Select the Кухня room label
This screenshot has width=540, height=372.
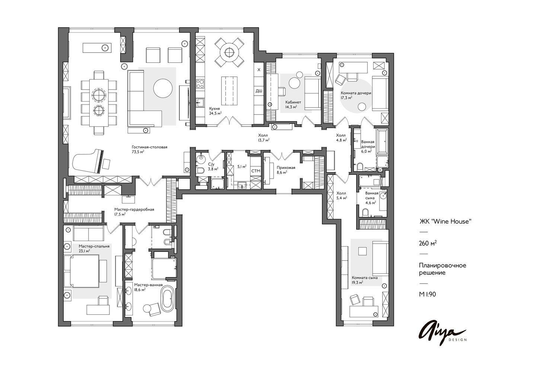pos(215,109)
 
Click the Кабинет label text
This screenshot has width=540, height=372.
pos(293,102)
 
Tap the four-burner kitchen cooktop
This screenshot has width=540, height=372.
pos(200,84)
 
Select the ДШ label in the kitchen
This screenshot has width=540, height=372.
pos(259,91)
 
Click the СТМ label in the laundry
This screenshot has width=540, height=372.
pos(256,171)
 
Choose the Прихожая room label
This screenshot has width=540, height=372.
pos(286,168)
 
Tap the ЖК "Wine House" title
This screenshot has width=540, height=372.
pos(445,221)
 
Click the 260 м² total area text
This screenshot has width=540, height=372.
pos(428,243)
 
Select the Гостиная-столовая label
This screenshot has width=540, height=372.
pos(150,147)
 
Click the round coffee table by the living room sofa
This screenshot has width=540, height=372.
pos(163,88)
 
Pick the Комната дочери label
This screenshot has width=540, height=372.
pos(356,93)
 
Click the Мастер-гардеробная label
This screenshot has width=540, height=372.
pos(134,209)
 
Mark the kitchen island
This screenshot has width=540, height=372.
pos(229,91)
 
